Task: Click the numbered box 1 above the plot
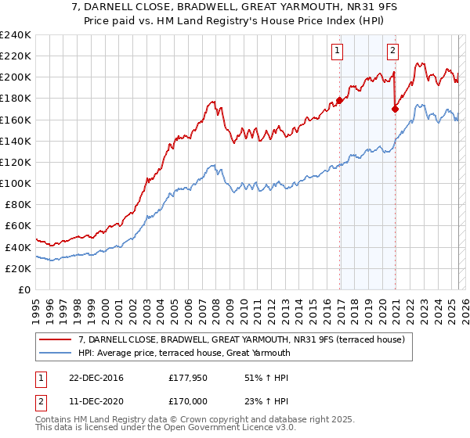point(337,52)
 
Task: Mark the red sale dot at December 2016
point(340,100)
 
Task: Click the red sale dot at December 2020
point(395,109)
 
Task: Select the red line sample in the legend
point(55,339)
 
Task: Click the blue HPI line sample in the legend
point(55,353)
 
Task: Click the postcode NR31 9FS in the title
point(354,9)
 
